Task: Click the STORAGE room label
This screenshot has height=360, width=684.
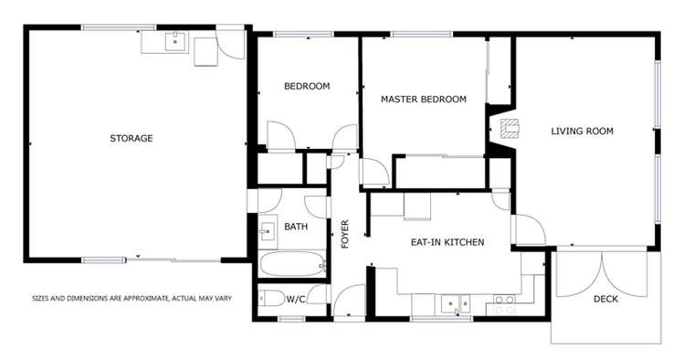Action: click(x=131, y=139)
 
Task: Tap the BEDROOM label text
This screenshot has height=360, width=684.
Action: click(x=306, y=87)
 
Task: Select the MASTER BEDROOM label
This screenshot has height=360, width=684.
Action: click(x=424, y=100)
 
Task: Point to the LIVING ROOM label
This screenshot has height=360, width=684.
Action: click(x=582, y=132)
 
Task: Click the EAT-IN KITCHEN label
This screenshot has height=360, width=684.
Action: click(x=447, y=242)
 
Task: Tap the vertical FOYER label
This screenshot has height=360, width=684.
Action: click(x=345, y=234)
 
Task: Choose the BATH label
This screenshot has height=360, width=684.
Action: click(x=295, y=227)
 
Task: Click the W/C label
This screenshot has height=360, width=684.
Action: click(x=296, y=300)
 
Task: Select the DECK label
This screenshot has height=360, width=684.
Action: click(x=605, y=300)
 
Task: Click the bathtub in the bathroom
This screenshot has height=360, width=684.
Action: click(x=292, y=265)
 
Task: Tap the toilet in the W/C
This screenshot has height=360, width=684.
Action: click(x=271, y=299)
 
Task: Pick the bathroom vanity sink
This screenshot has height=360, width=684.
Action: click(x=268, y=230)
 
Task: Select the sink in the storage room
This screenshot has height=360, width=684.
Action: click(x=174, y=42)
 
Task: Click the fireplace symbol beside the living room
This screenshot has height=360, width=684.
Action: click(x=508, y=129)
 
